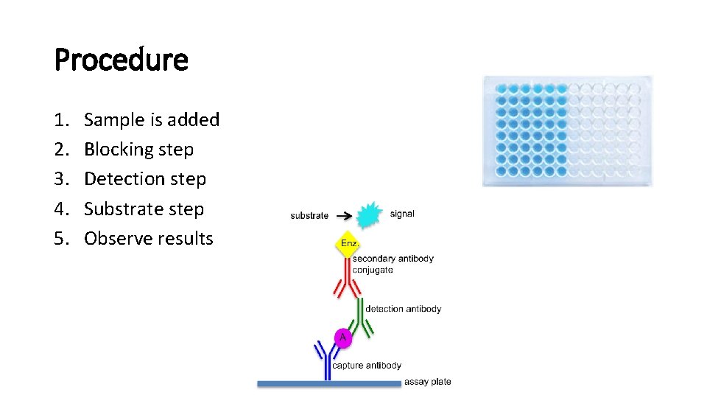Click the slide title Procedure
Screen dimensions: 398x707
click(122, 60)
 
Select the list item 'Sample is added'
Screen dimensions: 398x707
click(152, 119)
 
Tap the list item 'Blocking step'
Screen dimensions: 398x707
click(138, 150)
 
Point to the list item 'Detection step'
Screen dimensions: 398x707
click(145, 179)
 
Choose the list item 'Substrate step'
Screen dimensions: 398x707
click(144, 209)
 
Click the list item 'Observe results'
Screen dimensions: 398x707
click(148, 239)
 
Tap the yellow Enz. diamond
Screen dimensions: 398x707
click(348, 243)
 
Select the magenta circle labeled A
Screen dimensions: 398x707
click(342, 338)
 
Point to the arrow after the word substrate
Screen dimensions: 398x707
click(342, 215)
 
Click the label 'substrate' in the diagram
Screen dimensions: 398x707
click(309, 216)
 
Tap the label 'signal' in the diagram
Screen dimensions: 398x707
click(402, 214)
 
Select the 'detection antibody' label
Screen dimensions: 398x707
click(403, 309)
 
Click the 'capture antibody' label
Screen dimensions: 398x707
click(367, 365)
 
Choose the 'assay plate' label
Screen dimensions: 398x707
click(427, 382)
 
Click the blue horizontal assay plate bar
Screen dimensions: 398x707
click(328, 383)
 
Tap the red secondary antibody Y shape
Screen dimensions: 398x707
click(348, 280)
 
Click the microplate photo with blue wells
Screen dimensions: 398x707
click(567, 130)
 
